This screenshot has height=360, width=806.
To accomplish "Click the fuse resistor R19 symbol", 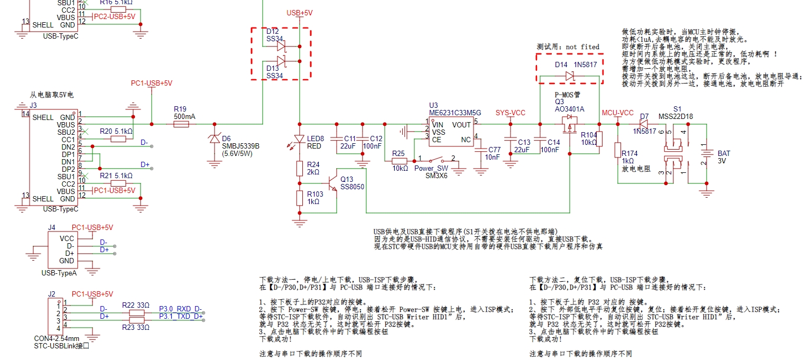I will (x=181, y=124).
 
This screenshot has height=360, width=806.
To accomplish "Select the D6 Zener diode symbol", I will (x=214, y=139).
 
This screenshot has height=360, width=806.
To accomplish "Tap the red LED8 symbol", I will (x=299, y=139).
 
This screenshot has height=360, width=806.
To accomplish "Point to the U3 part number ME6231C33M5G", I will (x=455, y=113).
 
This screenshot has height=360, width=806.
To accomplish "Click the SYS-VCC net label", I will (x=510, y=113).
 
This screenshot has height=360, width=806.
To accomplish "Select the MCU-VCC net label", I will (x=617, y=113).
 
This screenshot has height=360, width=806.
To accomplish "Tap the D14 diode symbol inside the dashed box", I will (x=569, y=76).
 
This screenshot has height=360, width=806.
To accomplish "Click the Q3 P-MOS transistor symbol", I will (x=569, y=125).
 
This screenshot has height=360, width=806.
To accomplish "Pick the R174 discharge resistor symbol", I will (x=617, y=150).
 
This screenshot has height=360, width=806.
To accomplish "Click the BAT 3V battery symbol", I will (x=706, y=154).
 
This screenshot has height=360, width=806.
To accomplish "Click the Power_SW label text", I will (x=431, y=169).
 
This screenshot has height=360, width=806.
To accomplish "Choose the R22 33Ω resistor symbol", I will (x=137, y=313).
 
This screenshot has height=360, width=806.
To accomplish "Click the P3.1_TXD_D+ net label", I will (x=181, y=316).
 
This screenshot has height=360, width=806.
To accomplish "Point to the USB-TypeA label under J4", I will (x=59, y=273).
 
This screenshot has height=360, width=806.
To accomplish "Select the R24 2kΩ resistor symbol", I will (x=299, y=169).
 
